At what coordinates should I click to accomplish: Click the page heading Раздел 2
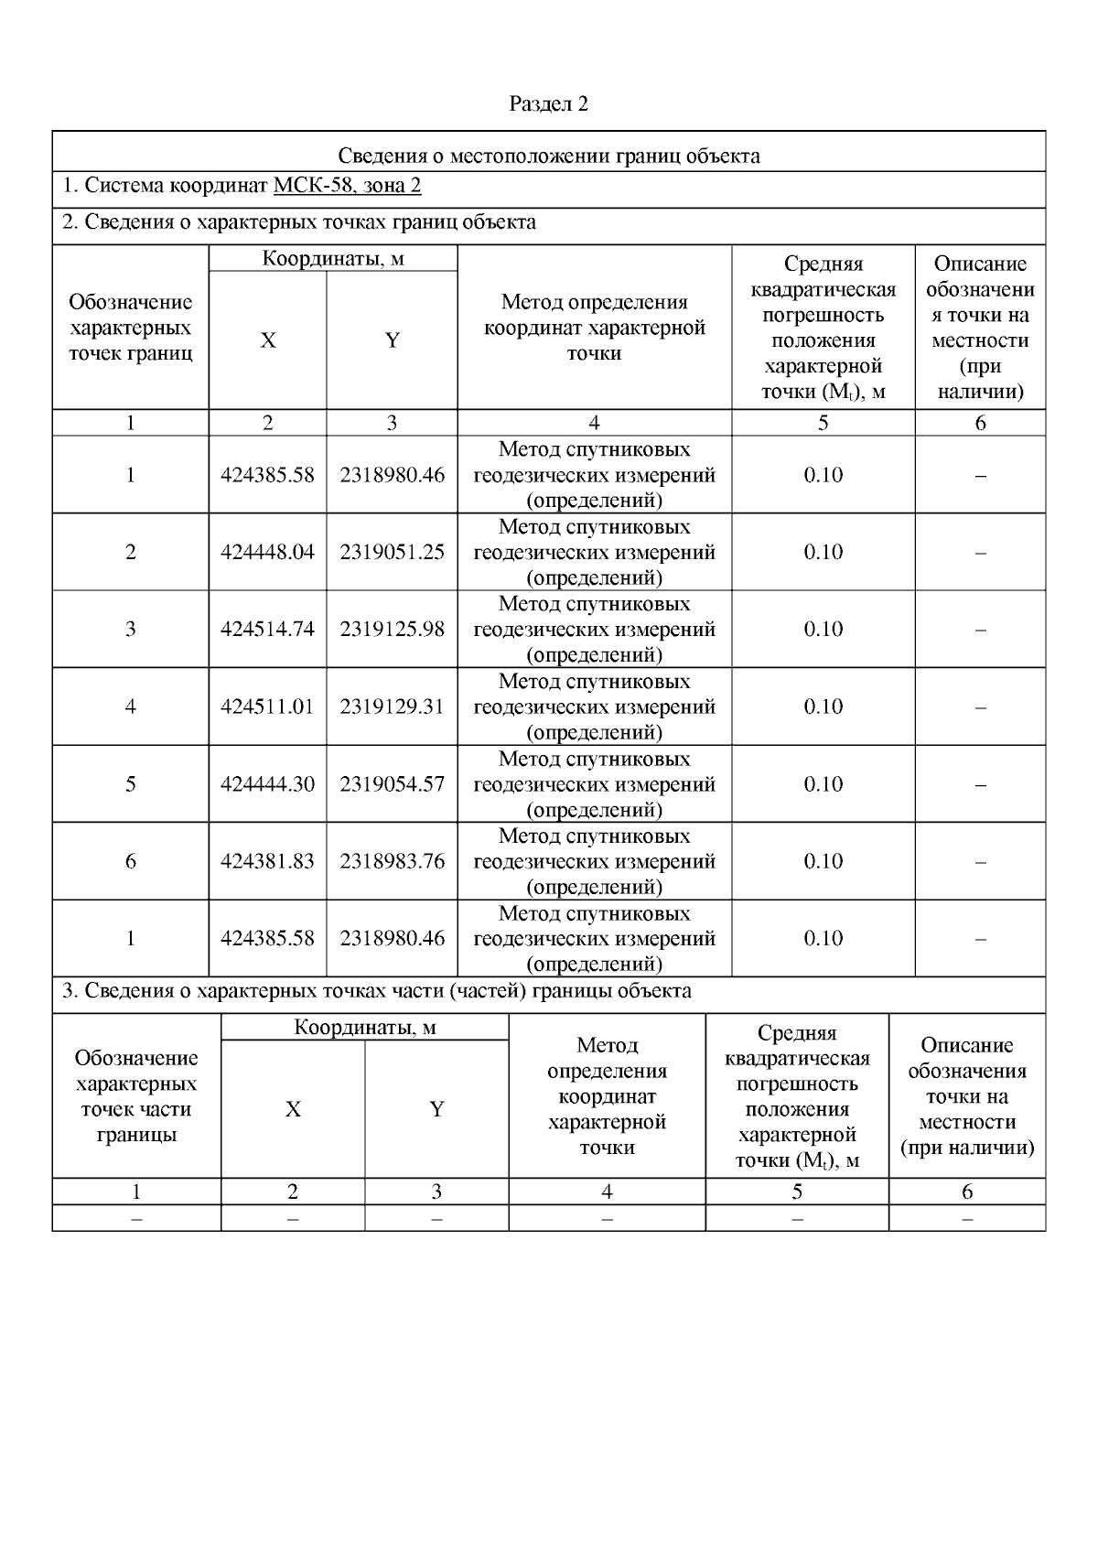(x=548, y=104)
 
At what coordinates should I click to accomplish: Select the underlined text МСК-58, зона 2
(x=347, y=187)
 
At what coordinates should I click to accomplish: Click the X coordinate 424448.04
(x=267, y=552)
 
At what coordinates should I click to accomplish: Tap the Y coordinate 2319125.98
(x=392, y=630)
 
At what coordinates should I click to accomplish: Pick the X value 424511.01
(x=267, y=706)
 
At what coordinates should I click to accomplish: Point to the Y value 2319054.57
(x=392, y=784)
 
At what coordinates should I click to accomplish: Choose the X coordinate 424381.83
(x=267, y=861)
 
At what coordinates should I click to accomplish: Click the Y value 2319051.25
(x=392, y=552)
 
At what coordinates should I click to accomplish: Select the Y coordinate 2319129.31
(x=392, y=706)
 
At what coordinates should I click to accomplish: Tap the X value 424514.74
(x=267, y=630)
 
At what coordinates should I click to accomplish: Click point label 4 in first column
(x=131, y=706)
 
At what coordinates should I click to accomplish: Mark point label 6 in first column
(x=131, y=861)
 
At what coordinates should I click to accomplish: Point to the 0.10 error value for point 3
(x=823, y=630)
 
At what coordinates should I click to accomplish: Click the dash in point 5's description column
(x=980, y=784)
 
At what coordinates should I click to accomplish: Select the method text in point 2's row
(x=594, y=552)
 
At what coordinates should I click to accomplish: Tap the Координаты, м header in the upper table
(x=333, y=259)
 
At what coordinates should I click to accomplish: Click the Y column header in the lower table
(x=436, y=1109)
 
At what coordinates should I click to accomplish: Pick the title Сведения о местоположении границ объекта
(x=548, y=156)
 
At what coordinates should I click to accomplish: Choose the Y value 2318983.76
(x=392, y=861)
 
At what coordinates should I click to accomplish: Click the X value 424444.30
(x=267, y=784)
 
